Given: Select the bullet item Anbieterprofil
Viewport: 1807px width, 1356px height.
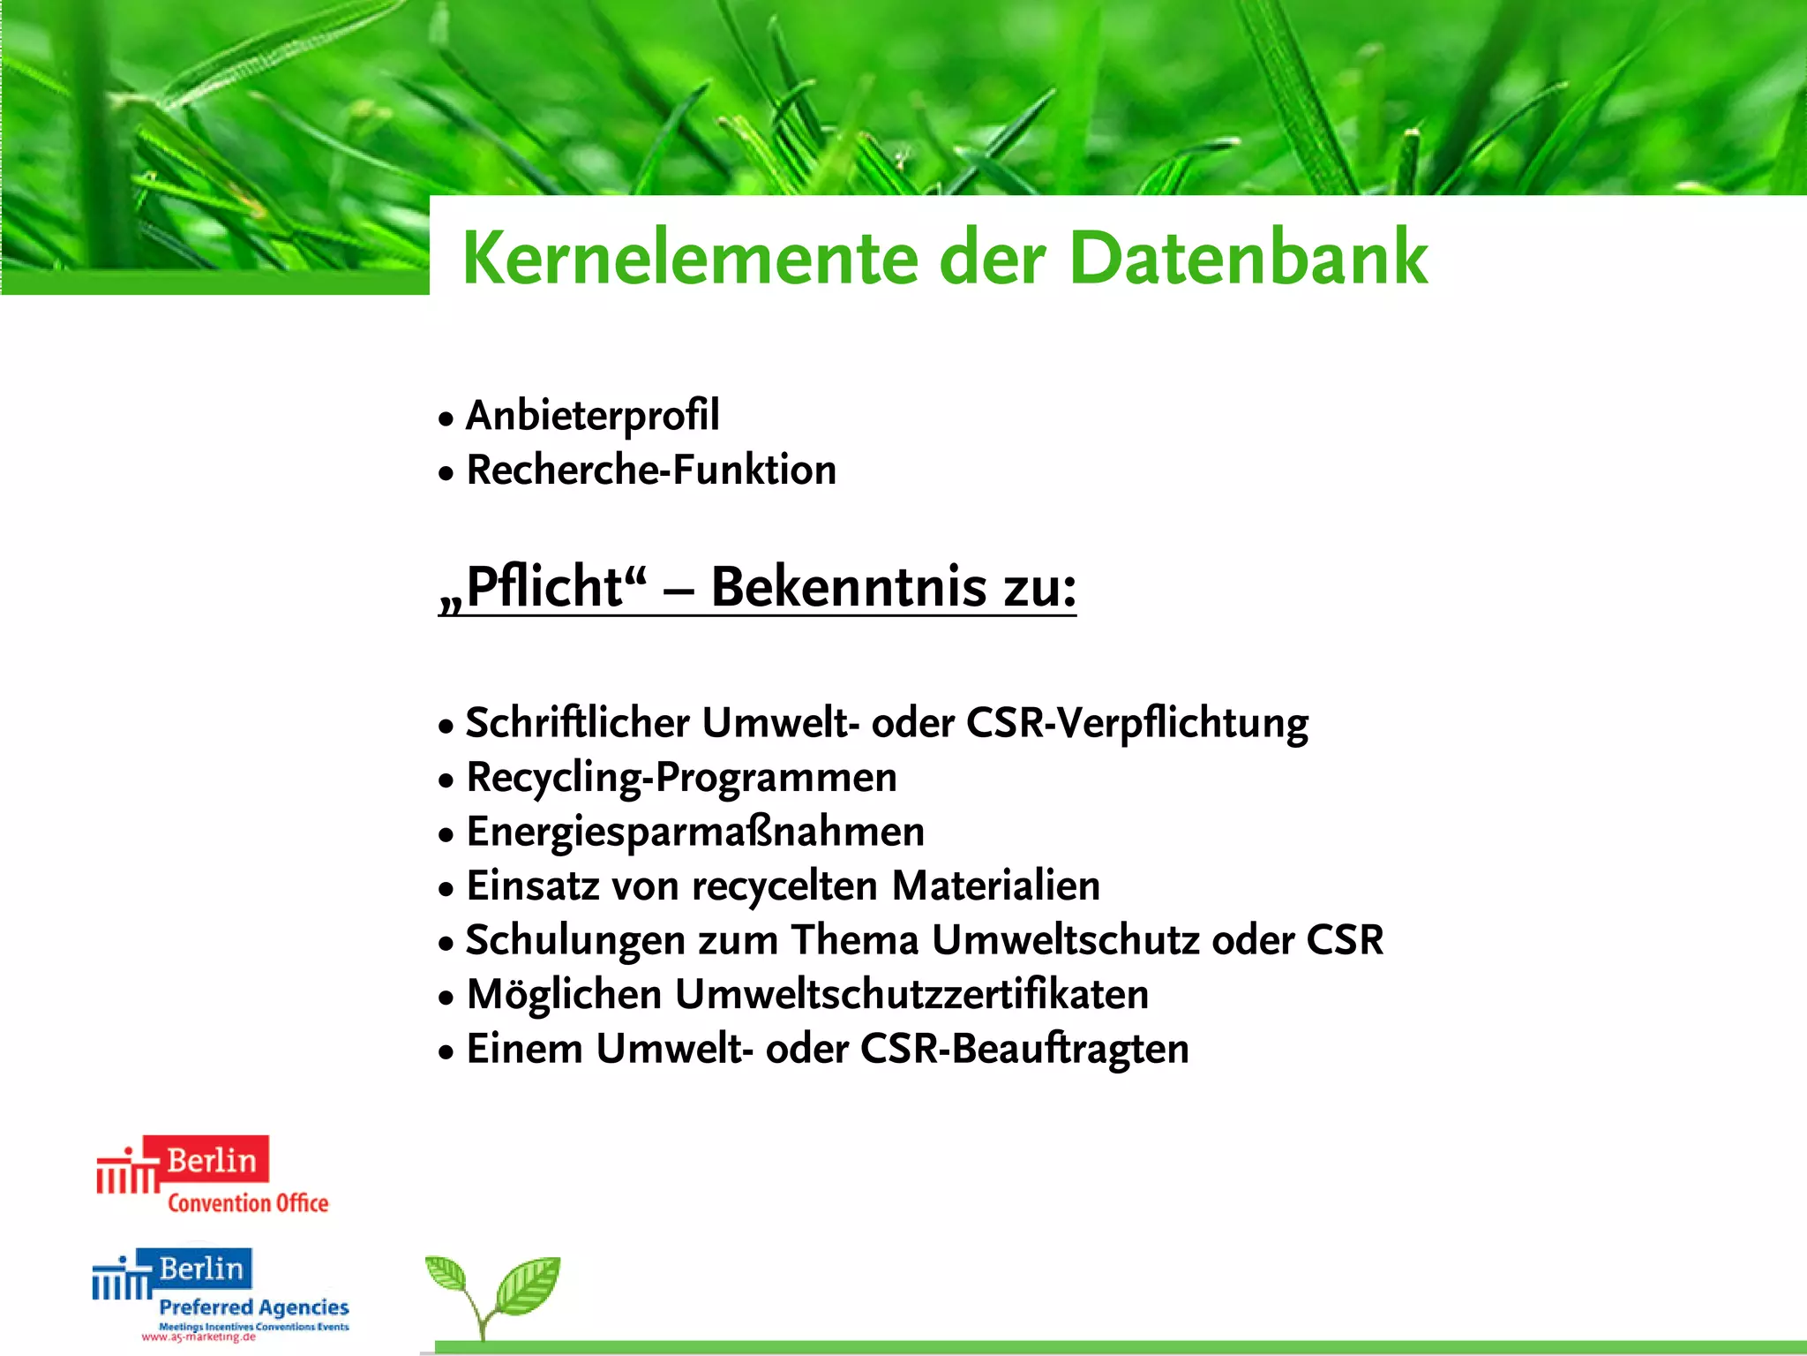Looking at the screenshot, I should coord(592,416).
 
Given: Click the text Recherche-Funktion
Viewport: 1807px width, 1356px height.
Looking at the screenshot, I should coord(651,470).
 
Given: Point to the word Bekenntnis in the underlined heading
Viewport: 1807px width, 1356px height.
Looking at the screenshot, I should coord(849,587).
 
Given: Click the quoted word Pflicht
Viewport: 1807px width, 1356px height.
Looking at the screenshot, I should coord(544,587).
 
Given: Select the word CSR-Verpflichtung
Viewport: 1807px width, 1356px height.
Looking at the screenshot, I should coord(1137,723).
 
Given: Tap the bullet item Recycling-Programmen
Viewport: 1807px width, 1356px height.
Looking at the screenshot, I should coord(681,778).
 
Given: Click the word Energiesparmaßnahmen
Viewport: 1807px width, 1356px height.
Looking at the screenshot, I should coord(695,832).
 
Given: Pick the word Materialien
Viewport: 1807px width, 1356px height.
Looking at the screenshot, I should coord(996,886).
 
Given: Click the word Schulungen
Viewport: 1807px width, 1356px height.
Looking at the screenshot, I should coord(575,941).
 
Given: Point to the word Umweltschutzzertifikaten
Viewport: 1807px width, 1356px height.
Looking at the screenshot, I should coord(911,995).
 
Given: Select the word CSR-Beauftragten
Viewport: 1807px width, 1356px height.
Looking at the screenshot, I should coord(1024,1050).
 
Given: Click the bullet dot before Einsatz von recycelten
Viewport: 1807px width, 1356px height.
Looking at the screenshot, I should coord(446,888).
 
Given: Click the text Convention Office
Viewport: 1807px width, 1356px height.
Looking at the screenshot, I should coord(248,1203).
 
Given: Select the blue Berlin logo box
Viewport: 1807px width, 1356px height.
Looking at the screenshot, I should coord(201,1269).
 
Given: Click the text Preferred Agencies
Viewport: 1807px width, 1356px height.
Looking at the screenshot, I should coord(254,1307).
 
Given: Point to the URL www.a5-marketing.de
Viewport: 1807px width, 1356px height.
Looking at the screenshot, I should coord(199,1337).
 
